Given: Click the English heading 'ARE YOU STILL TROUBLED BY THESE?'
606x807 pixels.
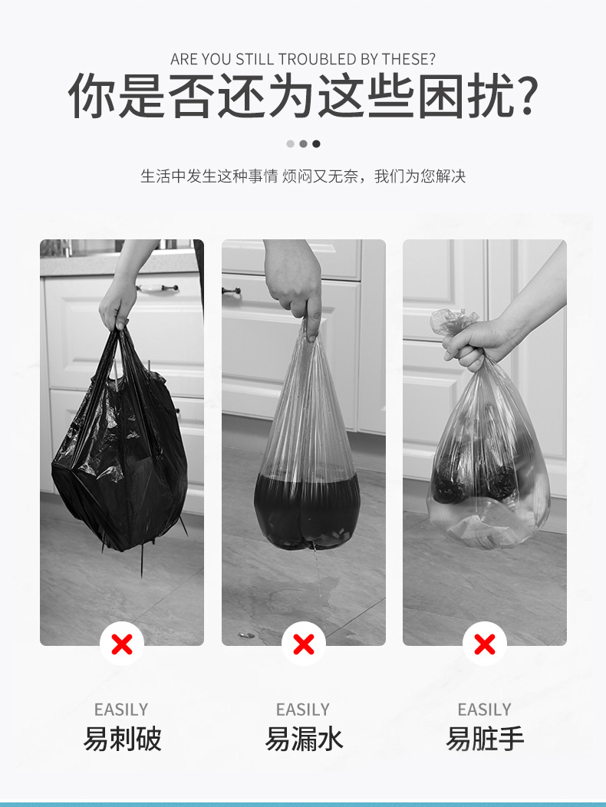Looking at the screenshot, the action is [x=303, y=59].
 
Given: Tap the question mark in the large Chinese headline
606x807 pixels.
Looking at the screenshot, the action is [x=526, y=96].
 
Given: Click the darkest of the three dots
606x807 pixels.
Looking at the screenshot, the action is [x=316, y=143].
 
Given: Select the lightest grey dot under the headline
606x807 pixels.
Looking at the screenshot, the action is [x=291, y=143].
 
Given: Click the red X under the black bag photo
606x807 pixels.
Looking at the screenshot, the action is [x=122, y=644].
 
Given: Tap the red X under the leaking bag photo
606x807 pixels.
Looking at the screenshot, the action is [x=304, y=644].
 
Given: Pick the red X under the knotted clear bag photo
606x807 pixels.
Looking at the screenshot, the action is [x=485, y=644].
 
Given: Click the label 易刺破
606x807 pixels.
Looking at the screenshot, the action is [x=122, y=739].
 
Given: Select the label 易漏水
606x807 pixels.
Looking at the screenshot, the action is [x=304, y=739].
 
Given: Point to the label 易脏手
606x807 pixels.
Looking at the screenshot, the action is [x=485, y=739].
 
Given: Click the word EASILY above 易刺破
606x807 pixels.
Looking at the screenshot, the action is [x=121, y=710].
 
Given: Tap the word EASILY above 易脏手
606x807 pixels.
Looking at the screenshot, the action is [x=485, y=710].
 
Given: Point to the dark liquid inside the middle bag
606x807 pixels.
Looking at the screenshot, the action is [x=307, y=509].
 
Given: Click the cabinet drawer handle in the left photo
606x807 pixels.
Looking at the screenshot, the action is [x=157, y=288].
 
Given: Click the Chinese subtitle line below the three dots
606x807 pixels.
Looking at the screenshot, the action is [x=303, y=176].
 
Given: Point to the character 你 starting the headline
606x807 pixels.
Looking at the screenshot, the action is [x=91, y=96].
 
